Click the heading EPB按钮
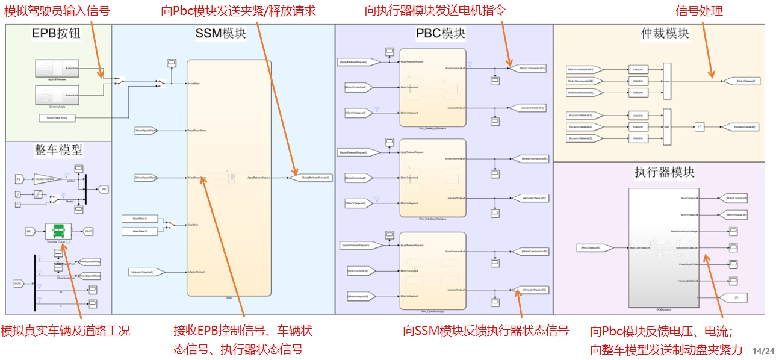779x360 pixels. point(56,34)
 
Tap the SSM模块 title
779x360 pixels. point(220,34)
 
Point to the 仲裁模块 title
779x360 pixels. point(665,34)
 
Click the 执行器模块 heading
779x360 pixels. point(665,172)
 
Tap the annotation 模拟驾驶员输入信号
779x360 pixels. point(57,10)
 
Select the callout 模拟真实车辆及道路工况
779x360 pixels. point(66,331)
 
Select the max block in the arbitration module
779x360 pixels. point(666,81)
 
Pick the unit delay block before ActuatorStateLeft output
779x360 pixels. point(699,127)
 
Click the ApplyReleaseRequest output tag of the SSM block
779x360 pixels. point(315,178)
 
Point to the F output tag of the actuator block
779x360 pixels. point(734,297)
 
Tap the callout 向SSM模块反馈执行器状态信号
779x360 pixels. point(486,331)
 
